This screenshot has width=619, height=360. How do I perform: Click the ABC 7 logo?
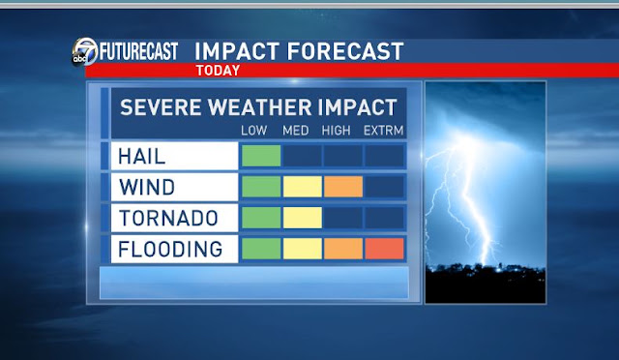tap(84, 51)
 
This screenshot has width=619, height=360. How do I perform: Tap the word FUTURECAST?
tap(138, 51)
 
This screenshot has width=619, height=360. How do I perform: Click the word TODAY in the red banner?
tap(218, 71)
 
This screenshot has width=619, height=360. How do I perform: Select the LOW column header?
tap(253, 131)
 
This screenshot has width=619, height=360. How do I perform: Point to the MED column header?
tap(296, 131)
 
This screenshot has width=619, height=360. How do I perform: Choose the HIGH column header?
tap(336, 131)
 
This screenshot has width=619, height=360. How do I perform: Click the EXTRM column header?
tap(383, 131)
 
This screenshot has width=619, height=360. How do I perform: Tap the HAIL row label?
tap(142, 156)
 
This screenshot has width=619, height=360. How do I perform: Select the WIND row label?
tap(147, 187)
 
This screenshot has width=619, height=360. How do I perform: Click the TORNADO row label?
tap(168, 218)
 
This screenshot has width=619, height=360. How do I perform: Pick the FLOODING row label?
tap(170, 249)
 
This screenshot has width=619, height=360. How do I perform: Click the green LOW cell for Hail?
tap(261, 156)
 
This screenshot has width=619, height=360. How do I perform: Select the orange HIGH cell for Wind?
tap(343, 187)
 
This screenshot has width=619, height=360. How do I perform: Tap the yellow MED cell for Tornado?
tap(303, 218)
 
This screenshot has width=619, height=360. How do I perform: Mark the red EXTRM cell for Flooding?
tap(385, 249)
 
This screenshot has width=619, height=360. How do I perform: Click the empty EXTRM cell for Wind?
tap(385, 187)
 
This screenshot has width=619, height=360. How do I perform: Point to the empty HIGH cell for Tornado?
tap(343, 218)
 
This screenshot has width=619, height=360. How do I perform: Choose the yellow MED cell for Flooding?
tap(303, 249)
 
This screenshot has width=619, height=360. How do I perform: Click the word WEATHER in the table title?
tap(260, 107)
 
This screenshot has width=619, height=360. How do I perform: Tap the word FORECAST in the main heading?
tap(345, 51)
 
